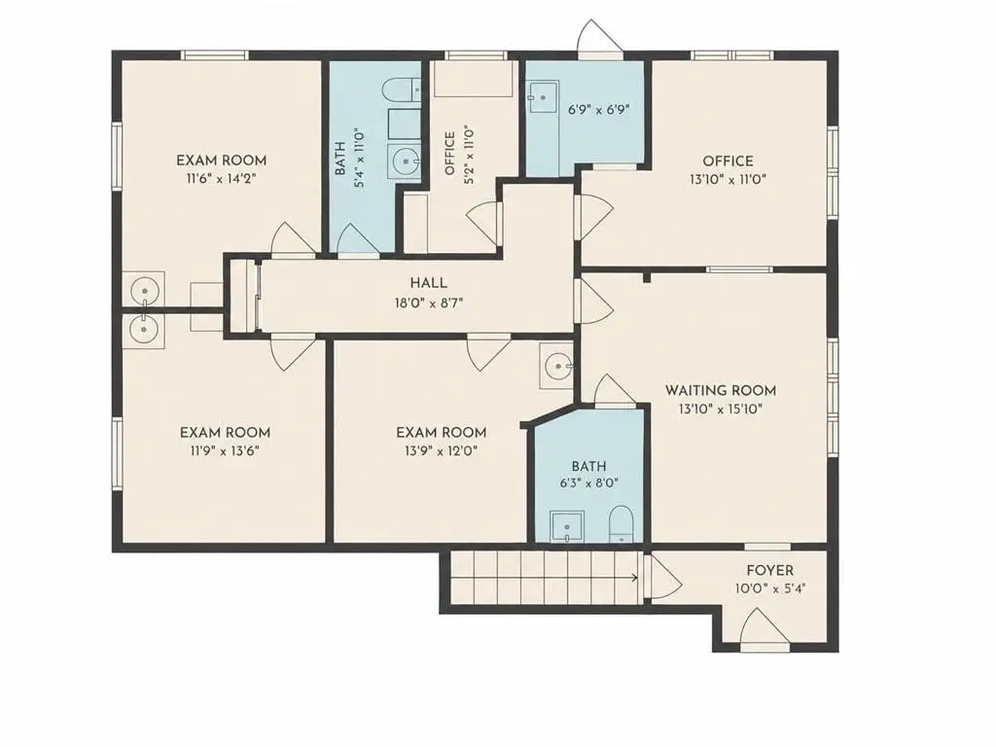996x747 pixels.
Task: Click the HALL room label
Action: tap(428, 283)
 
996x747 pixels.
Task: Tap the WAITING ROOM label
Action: tap(721, 390)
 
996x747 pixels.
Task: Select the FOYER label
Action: tap(770, 570)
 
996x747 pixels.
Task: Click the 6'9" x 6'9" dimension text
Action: tap(598, 109)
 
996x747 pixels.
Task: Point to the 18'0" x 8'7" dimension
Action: tap(429, 303)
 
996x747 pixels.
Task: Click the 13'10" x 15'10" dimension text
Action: tap(721, 409)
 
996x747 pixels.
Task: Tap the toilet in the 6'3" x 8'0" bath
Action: tap(620, 524)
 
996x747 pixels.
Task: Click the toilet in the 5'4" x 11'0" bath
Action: tap(403, 89)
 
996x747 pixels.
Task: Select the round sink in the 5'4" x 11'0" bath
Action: tap(404, 162)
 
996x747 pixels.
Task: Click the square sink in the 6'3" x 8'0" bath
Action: tap(567, 526)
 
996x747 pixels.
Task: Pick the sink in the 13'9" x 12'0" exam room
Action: tap(556, 367)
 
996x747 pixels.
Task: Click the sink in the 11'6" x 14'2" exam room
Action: tap(144, 290)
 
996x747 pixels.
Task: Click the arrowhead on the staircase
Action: tap(634, 578)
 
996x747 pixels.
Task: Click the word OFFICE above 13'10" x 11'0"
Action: tap(728, 161)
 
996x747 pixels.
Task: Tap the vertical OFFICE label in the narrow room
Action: tap(449, 153)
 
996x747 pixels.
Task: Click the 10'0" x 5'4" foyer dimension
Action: tap(770, 588)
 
